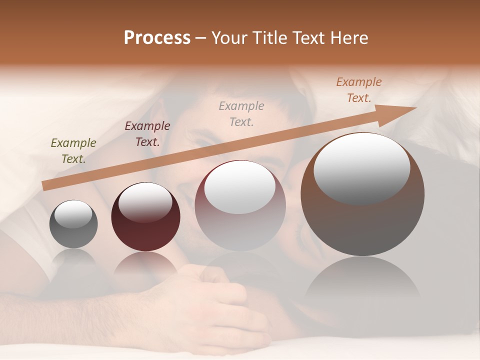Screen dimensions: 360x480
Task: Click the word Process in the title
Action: click(157, 38)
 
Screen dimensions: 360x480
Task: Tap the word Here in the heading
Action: click(348, 38)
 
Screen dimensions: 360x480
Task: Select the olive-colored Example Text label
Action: click(73, 150)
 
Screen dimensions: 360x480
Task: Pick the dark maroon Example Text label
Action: click(147, 133)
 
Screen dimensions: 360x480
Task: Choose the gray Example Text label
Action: click(241, 113)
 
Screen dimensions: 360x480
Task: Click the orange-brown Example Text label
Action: click(359, 90)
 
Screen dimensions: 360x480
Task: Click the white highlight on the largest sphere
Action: click(361, 168)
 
